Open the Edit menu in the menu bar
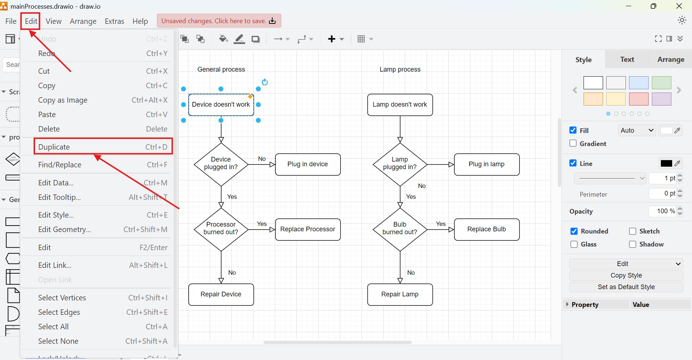(x=31, y=21)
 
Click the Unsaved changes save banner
(x=219, y=21)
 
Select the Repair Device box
(x=221, y=294)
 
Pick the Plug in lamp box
(x=486, y=164)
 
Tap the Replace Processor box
(x=308, y=229)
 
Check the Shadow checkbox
(x=632, y=244)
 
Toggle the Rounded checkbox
(x=574, y=231)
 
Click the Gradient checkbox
(x=573, y=143)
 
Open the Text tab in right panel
(x=627, y=59)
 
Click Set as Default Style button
(x=626, y=287)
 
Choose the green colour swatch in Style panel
(x=661, y=83)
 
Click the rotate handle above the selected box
(x=265, y=82)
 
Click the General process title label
(x=221, y=69)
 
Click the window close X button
(x=679, y=6)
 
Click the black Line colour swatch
(x=666, y=163)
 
